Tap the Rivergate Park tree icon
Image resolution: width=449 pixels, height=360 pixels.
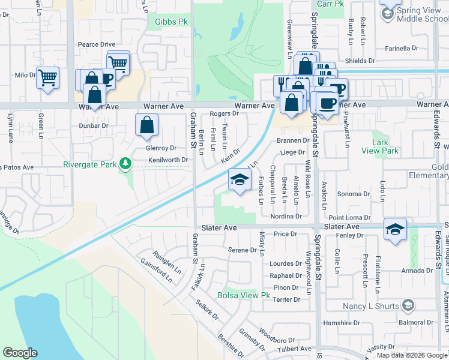coord(125,164)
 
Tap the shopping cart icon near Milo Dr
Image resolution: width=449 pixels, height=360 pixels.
coord(47,77)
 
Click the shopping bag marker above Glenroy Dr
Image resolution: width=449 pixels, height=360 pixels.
coord(147,125)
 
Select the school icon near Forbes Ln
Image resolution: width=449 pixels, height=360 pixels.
coord(239,179)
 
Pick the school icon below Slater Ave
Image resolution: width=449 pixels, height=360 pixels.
coord(395,229)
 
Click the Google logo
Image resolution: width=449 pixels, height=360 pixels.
coord(20,353)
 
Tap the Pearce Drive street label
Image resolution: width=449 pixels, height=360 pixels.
coord(96,44)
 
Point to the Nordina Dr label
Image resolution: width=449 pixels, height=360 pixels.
coord(286,216)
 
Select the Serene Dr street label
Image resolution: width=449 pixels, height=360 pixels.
coord(243,249)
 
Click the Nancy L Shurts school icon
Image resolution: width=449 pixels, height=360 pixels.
coord(408,306)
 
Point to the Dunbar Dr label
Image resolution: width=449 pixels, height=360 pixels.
coord(94,126)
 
